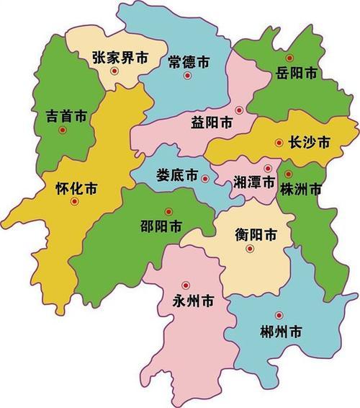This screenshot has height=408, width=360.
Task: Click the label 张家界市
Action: tap(120, 58)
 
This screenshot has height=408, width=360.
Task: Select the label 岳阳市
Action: tap(296, 72)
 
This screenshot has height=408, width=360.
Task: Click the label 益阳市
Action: tap(212, 123)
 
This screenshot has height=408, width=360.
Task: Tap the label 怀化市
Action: tap(76, 189)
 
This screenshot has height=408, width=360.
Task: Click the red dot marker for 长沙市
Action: tap(279, 143)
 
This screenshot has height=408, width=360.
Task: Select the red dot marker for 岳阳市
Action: tap(289, 58)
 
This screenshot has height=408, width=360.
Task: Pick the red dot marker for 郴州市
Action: tap(279, 314)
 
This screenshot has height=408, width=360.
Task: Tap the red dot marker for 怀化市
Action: tap(73, 203)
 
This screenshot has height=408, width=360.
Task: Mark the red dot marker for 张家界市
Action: tap(114, 71)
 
